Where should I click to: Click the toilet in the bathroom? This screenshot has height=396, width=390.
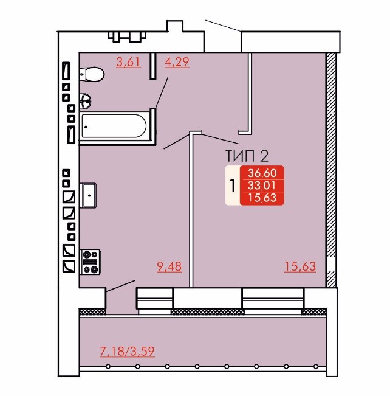(92, 74)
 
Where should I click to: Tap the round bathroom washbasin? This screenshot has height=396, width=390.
(85, 102)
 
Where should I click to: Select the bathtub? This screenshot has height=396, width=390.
(114, 127)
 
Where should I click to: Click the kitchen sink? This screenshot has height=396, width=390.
(88, 195)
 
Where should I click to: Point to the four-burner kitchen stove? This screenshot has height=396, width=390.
(91, 262)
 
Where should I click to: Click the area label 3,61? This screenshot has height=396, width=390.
(128, 62)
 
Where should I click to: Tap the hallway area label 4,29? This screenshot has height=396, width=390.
(177, 62)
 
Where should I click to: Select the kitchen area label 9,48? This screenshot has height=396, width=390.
(169, 266)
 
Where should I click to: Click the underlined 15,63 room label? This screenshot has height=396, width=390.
(300, 266)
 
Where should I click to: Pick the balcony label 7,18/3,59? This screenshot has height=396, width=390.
(127, 352)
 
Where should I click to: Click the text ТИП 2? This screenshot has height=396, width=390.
(247, 156)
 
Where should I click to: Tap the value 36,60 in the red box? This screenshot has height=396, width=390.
(262, 173)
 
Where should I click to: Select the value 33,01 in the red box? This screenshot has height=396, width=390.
(261, 186)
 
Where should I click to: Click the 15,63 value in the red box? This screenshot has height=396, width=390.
(262, 198)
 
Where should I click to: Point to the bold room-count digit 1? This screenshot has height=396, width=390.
(233, 186)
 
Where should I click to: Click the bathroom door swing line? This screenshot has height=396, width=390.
(162, 93)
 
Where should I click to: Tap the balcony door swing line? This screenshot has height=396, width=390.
(120, 286)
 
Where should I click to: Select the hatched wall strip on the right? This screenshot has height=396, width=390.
(331, 170)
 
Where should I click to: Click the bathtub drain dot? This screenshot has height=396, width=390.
(86, 127)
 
